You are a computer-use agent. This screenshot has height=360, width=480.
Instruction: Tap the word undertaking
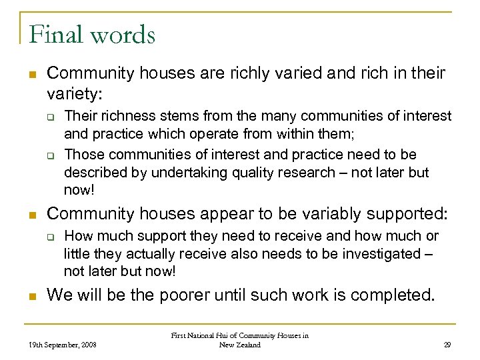188,172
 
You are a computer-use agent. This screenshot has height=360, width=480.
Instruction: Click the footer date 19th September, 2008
63,345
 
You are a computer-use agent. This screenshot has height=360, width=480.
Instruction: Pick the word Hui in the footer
232,336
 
